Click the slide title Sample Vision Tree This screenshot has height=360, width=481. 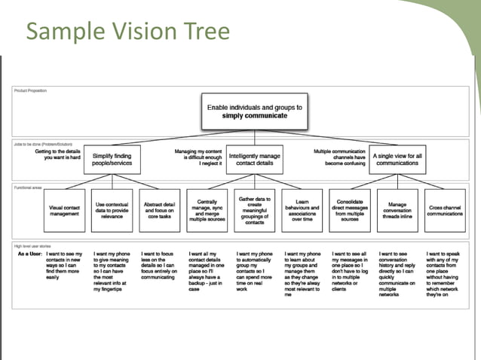127,32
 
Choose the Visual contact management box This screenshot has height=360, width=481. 66,210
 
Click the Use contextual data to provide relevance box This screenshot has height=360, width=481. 112,210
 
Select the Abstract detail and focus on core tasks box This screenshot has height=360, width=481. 159,210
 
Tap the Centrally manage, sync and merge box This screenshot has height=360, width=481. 208,210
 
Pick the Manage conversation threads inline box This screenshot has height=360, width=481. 397,210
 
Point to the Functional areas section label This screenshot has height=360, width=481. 28,188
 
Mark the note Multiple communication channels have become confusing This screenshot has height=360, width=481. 340,155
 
